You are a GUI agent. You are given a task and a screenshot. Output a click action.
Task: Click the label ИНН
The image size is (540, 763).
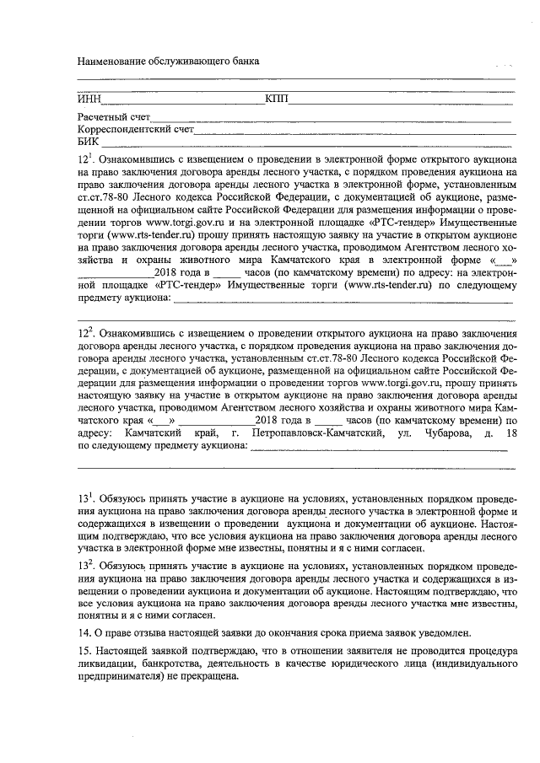89,99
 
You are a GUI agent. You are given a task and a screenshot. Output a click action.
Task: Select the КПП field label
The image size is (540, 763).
276,99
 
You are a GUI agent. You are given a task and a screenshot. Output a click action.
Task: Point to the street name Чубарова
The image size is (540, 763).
438,433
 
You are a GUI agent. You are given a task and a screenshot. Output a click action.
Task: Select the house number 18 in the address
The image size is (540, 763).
510,433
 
